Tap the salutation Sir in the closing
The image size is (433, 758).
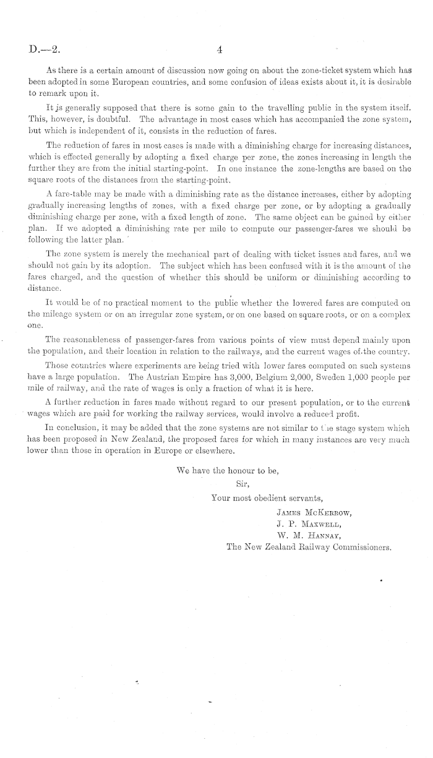(242, 485)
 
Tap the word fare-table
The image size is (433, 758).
(75, 196)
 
